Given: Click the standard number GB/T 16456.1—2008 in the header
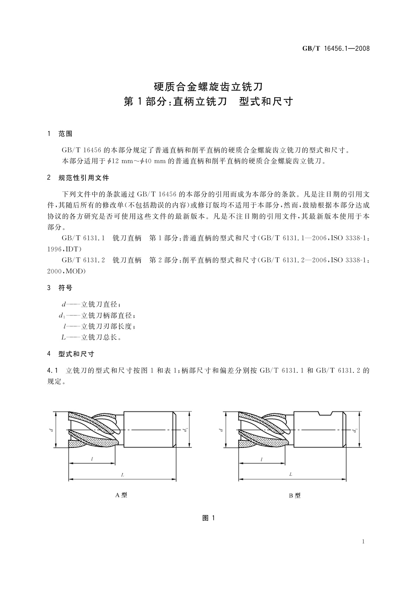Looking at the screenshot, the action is (336, 49).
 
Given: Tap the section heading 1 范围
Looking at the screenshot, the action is (60, 133).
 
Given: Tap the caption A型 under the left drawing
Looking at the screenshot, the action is (121, 495).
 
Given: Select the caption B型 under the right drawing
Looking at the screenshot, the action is (294, 496).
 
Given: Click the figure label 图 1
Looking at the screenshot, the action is (208, 518).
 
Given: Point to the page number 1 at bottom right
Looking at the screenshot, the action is (363, 542).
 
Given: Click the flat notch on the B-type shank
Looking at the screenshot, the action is (326, 413).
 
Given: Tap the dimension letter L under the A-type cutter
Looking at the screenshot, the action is (123, 475).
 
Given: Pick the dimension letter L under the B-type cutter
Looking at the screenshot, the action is (291, 474).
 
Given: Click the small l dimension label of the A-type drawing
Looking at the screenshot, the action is (92, 459).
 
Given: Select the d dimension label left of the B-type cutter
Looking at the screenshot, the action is (221, 430).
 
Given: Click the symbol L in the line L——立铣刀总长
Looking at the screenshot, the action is (63, 338).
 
